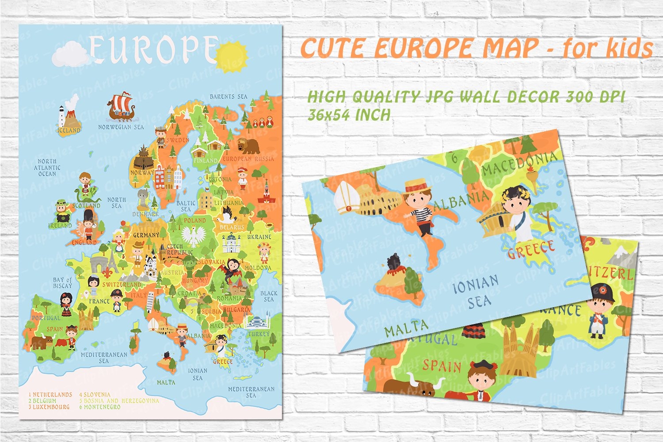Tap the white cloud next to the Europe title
pos(71,54)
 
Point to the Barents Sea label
pos(229,96)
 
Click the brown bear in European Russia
pos(248,145)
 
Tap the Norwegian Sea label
pos(121,127)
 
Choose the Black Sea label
pos(269,296)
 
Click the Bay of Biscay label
pos(62,283)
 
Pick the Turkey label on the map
pos(259,334)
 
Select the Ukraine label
pos(259,237)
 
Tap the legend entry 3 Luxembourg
pos(49,407)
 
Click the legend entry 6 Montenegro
pos(100,407)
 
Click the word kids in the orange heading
pos(629,48)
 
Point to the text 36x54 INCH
pos(349,115)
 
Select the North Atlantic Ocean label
pos(47,168)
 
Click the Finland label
pos(206,160)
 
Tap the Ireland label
pos(60,225)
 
